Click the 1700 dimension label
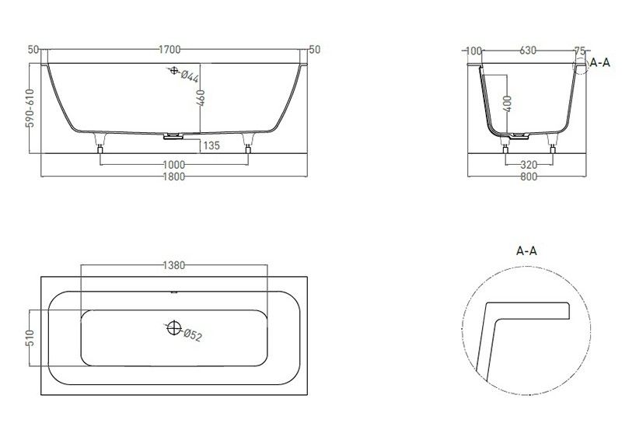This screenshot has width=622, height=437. tap(170, 50)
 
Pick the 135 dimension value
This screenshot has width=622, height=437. tap(212, 145)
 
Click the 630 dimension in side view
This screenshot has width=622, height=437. tap(528, 51)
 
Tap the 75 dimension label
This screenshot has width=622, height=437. tap(578, 51)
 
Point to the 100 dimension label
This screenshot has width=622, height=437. tap(473, 51)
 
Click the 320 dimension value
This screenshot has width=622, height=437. tap(529, 165)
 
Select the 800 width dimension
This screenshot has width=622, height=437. tap(528, 177)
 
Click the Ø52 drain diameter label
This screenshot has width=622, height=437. tap(193, 336)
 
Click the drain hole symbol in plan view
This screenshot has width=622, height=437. tap(172, 327)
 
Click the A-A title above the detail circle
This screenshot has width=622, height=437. tap(527, 250)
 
